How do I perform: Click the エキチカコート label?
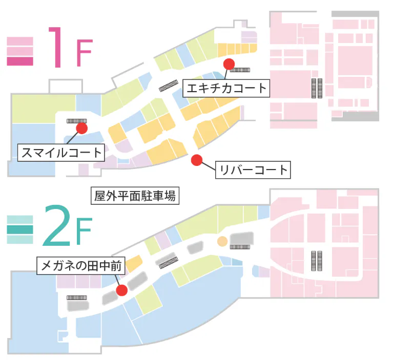[x=226, y=88]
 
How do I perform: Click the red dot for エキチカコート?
[x=229, y=64]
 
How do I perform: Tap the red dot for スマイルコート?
[x=81, y=128]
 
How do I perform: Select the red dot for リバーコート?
[x=196, y=160]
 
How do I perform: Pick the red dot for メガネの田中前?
[x=122, y=290]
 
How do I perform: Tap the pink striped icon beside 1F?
[x=20, y=51]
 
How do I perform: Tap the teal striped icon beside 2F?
[x=20, y=229]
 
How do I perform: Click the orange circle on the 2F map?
[x=222, y=241]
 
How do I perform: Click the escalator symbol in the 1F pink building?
[x=317, y=88]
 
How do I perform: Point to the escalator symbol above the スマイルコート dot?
[x=77, y=120]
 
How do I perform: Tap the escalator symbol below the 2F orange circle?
[x=239, y=246]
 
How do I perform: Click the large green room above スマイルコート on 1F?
[x=44, y=109]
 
